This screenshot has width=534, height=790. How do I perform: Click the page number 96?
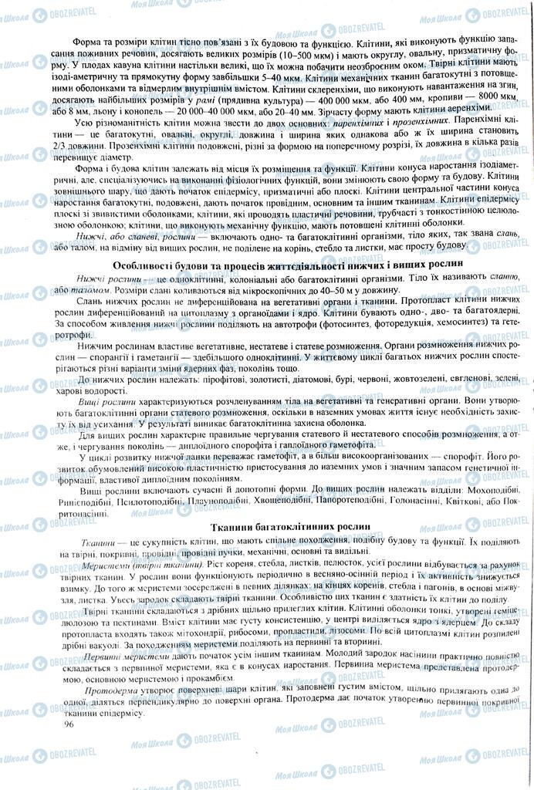click(69, 724)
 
